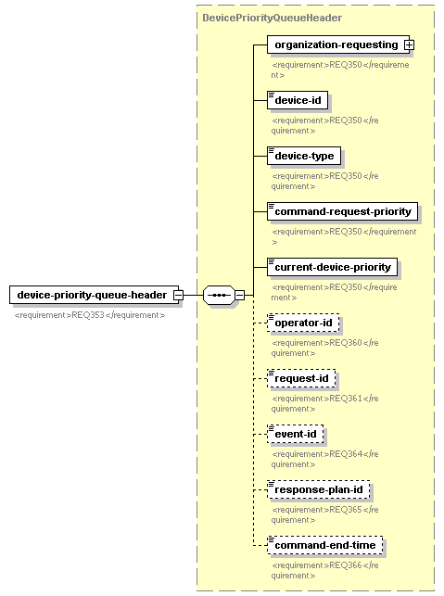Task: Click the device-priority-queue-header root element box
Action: pyautogui.click(x=94, y=295)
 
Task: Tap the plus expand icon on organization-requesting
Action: pyautogui.click(x=409, y=44)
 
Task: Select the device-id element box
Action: pyautogui.click(x=298, y=100)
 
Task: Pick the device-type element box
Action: pyautogui.click(x=304, y=156)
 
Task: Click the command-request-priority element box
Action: pyautogui.click(x=342, y=211)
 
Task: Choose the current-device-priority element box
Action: pyautogui.click(x=332, y=267)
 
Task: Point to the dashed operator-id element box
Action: pyautogui.click(x=303, y=323)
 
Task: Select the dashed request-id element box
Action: pyautogui.click(x=301, y=378)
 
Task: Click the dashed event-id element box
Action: pyautogui.click(x=295, y=434)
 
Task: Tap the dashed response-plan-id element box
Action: pyautogui.click(x=318, y=489)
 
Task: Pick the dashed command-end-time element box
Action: pyautogui.click(x=324, y=545)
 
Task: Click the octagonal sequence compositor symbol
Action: pyautogui.click(x=219, y=295)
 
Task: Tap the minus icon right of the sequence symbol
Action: pyautogui.click(x=239, y=295)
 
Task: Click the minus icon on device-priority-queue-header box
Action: pyautogui.click(x=178, y=295)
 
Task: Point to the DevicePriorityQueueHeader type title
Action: pyautogui.click(x=273, y=18)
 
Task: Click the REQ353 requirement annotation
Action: pyautogui.click(x=90, y=315)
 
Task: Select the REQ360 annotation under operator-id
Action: pyautogui.click(x=324, y=348)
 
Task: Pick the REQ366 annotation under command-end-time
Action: pyautogui.click(x=324, y=570)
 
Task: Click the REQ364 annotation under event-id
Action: pyautogui.click(x=324, y=459)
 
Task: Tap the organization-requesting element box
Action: pyautogui.click(x=338, y=44)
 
